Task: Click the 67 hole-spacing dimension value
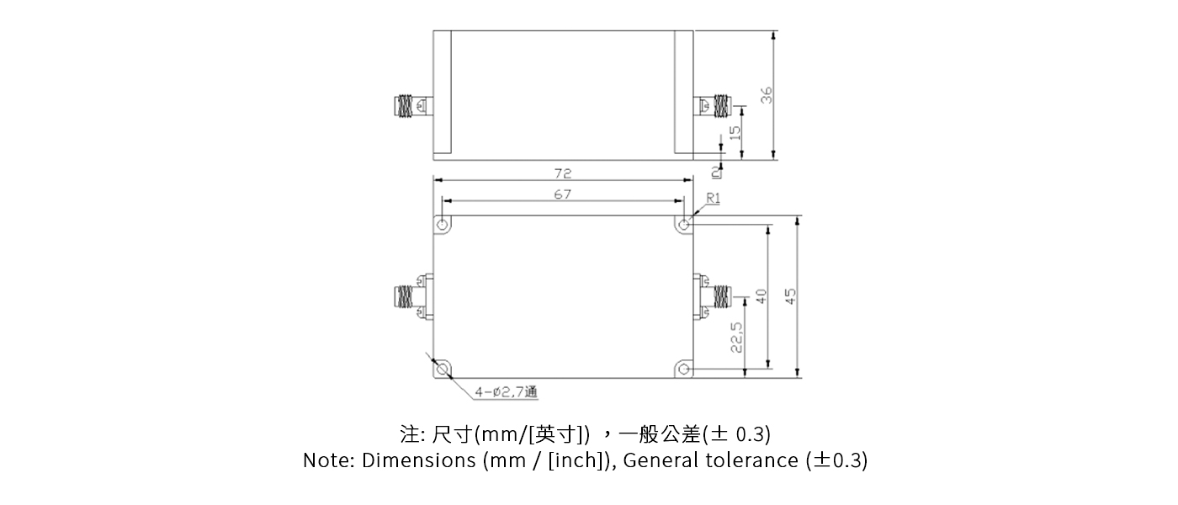pyautogui.click(x=563, y=194)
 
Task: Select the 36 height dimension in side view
pyautogui.click(x=767, y=94)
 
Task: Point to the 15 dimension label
pyautogui.click(x=734, y=132)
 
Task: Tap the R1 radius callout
pyautogui.click(x=714, y=199)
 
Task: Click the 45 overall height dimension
pyautogui.click(x=790, y=296)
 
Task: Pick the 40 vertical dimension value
pyautogui.click(x=761, y=296)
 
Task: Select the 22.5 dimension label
pyautogui.click(x=737, y=336)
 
